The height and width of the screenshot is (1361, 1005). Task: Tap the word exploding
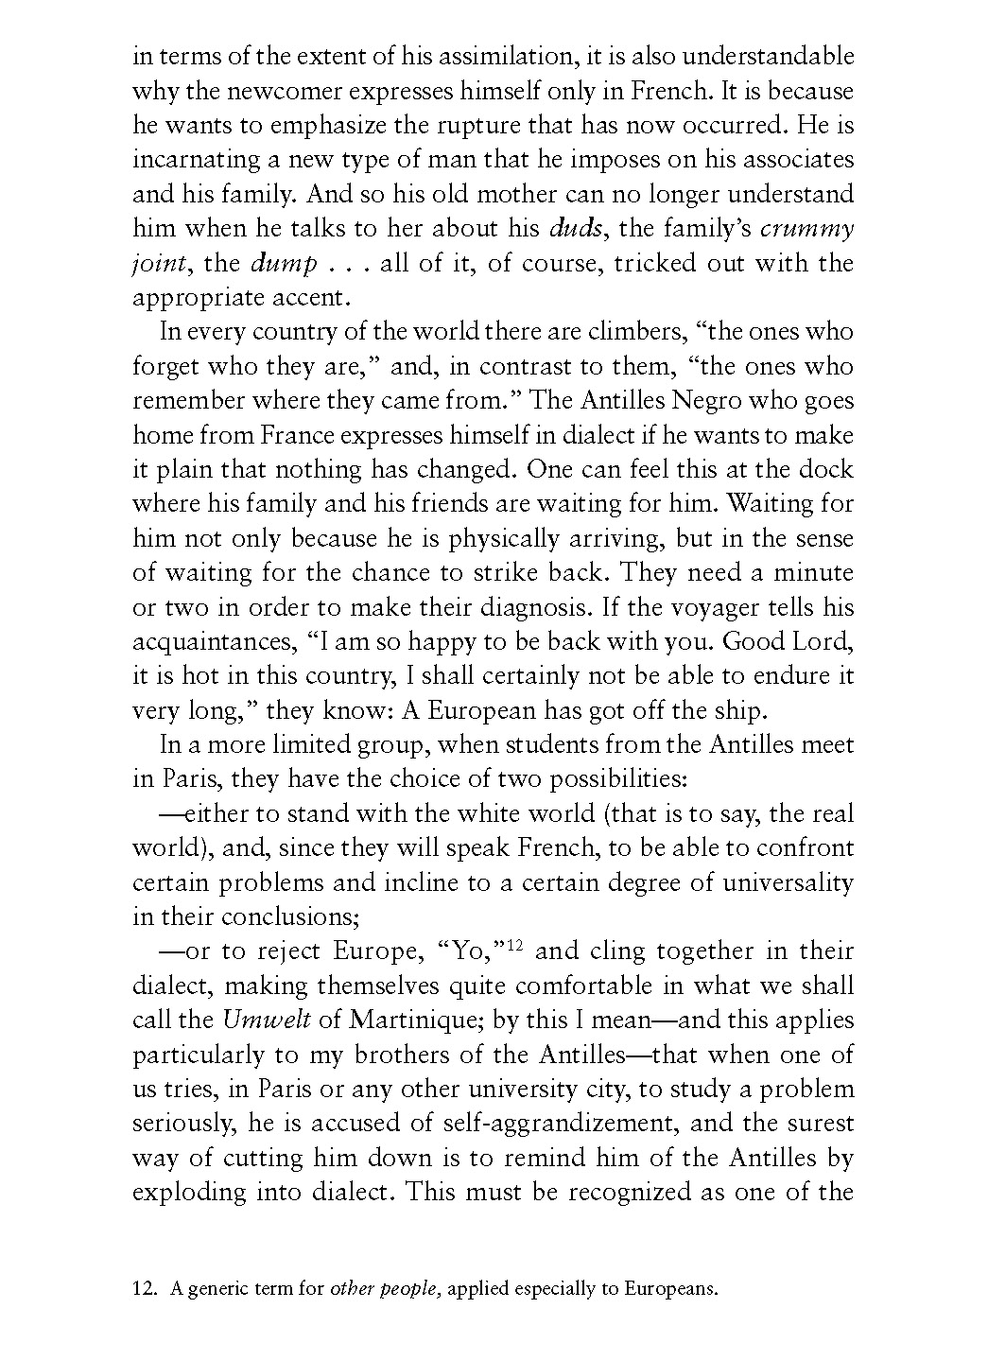point(189,1192)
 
